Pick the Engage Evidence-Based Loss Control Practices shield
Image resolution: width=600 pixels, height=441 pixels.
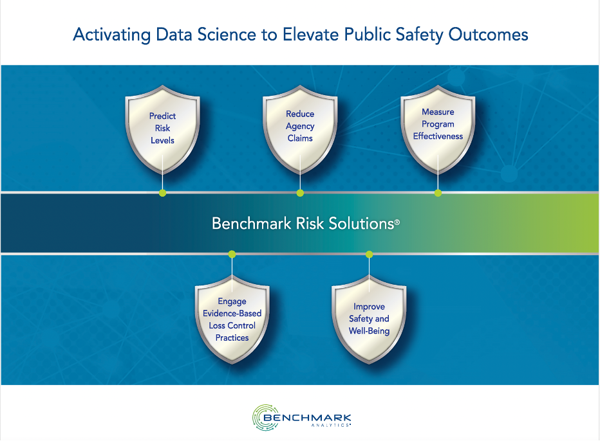[232, 319]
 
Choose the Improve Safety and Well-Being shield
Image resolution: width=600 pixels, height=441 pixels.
[369, 319]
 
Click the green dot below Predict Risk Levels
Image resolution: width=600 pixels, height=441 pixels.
[162, 193]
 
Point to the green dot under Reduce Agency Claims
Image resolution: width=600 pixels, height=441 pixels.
[300, 193]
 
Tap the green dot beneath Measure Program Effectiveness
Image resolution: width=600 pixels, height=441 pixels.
[438, 193]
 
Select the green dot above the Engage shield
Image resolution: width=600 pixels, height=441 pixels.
[232, 254]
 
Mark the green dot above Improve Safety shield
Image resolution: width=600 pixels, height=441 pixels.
[369, 254]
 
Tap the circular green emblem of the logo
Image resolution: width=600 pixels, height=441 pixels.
[264, 415]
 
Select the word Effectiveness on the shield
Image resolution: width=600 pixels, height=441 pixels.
[438, 136]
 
